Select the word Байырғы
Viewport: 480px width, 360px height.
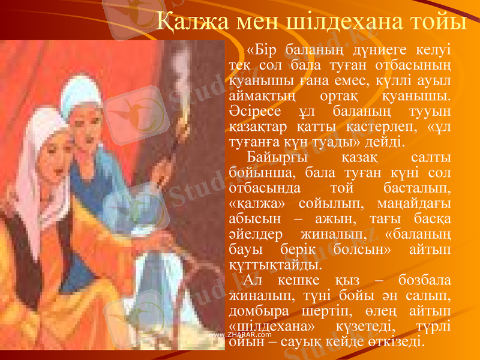277,158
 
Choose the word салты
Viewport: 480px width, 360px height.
433,158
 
